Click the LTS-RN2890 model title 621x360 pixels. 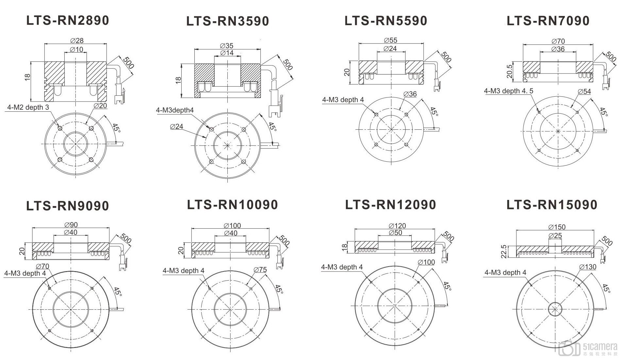click(x=68, y=21)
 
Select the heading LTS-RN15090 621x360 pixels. click(x=552, y=205)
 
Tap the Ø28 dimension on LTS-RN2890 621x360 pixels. click(x=77, y=41)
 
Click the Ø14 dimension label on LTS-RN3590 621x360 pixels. click(x=227, y=53)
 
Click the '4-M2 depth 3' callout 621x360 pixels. click(x=28, y=107)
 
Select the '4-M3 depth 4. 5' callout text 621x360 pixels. click(x=509, y=91)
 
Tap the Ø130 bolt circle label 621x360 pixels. click(x=588, y=267)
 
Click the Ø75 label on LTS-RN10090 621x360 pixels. click(x=260, y=270)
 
